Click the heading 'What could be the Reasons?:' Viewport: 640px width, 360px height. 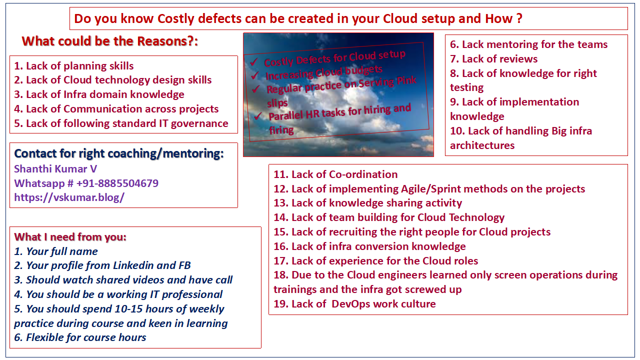(x=110, y=41)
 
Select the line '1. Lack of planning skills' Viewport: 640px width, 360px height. (x=74, y=66)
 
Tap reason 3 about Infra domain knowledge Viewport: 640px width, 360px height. (x=99, y=94)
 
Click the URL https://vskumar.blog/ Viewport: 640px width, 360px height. (x=69, y=197)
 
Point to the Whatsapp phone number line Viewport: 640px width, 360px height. (x=86, y=183)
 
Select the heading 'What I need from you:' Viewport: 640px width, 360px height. (x=70, y=237)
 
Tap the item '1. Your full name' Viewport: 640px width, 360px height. (x=56, y=251)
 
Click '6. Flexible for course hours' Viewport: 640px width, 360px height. (x=80, y=337)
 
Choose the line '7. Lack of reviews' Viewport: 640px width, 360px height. (x=493, y=59)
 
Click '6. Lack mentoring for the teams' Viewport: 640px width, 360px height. (x=528, y=44)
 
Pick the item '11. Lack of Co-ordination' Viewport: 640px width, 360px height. (x=335, y=174)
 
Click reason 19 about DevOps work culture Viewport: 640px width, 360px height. (x=354, y=304)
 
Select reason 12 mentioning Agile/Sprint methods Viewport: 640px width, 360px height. (x=429, y=189)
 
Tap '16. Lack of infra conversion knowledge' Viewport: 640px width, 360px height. (x=369, y=246)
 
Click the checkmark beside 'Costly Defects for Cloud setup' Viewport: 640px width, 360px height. (x=253, y=62)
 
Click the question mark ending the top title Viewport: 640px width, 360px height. (x=519, y=19)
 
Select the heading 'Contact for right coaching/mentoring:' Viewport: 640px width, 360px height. (x=119, y=154)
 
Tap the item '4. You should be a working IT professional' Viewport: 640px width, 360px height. (x=118, y=294)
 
